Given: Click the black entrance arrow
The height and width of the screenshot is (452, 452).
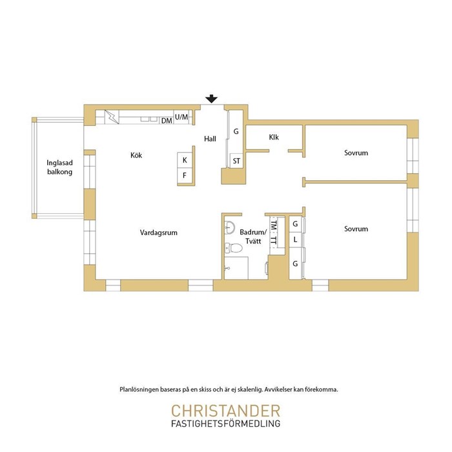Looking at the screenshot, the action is point(212,99).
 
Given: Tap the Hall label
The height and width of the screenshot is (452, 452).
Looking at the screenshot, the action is point(210,139).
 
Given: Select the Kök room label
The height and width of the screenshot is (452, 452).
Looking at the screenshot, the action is point(136,156).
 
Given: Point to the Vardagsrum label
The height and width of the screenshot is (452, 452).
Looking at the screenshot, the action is point(159,232).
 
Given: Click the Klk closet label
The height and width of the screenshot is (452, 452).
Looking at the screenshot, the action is point(274,137).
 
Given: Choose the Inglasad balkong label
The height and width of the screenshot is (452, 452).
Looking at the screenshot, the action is point(59,167).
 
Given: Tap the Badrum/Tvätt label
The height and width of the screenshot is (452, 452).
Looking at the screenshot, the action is point(253,237).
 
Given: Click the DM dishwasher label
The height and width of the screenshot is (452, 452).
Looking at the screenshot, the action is point(167,121).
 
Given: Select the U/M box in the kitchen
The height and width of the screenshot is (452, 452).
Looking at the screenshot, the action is point(181,117).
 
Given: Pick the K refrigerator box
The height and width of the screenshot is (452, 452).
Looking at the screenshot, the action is point(185,160).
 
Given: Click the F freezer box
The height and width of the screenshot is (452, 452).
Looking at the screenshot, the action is point(185,175).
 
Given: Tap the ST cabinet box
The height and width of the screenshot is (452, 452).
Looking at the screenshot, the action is point(236,161).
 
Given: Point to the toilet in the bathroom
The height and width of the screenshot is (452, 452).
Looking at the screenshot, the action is point(233,247).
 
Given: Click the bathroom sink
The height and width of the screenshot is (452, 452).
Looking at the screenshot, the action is point(230,227).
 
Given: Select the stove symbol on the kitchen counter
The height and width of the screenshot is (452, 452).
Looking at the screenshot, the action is point(112,117).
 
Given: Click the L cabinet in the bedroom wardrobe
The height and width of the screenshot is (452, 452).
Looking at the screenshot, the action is point(295,240).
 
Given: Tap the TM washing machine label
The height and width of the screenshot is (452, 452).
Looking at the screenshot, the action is point(274,225).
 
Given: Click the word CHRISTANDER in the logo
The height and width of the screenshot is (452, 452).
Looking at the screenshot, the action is point(226,411).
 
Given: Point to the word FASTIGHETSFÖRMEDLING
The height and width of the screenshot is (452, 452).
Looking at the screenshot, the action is point(226,424).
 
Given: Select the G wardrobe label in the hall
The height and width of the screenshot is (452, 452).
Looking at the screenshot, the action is point(236,132).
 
